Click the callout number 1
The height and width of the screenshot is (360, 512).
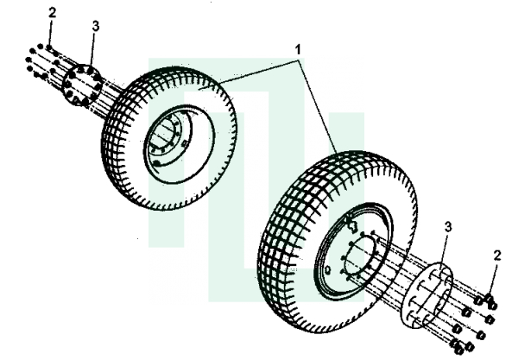click(298, 50)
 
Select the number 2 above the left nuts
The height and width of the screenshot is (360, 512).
click(52, 13)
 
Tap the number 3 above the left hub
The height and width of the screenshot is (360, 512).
click(95, 26)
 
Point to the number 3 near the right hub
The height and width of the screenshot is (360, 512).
click(448, 226)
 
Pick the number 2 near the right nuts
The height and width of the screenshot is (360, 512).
click(497, 256)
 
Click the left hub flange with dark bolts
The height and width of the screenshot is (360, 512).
click(81, 85)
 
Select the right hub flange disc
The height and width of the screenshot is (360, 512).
click(427, 294)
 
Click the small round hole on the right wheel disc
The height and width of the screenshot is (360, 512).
click(328, 270)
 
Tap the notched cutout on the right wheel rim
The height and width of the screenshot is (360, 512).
click(351, 224)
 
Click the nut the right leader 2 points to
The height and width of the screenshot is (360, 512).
click(489, 298)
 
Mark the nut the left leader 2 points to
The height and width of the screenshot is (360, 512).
click(49, 47)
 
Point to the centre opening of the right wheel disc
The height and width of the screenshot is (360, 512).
click(360, 258)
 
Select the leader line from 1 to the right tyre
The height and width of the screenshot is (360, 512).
click(318, 106)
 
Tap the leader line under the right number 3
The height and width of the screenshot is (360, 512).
click(444, 251)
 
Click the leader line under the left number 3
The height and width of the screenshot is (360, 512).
click(92, 49)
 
